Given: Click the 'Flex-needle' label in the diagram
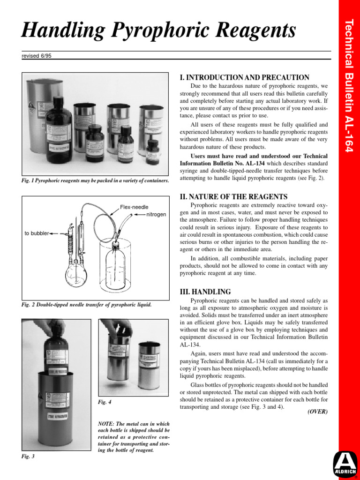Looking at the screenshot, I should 134,207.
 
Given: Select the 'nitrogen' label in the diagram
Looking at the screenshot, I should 156,214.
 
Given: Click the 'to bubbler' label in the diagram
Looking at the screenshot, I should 37,233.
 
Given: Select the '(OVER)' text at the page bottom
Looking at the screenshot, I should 317,412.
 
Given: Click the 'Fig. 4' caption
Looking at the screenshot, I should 105,402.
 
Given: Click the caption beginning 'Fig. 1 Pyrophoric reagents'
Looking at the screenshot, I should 95,180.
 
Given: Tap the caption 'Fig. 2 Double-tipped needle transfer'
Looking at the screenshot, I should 86,305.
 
